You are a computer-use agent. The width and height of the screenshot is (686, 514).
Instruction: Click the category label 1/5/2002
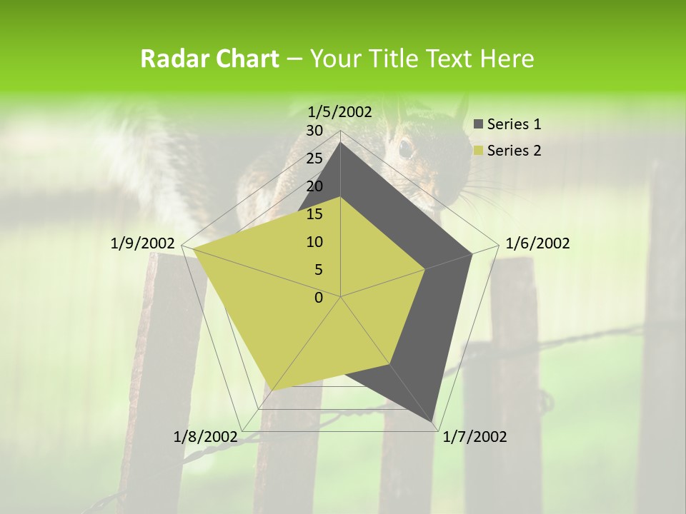click(x=340, y=112)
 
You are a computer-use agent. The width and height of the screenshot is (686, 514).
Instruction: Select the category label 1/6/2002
click(x=537, y=243)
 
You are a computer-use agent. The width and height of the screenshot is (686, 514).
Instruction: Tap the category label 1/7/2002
click(x=474, y=437)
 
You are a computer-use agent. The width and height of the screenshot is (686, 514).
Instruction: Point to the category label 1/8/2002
click(x=205, y=437)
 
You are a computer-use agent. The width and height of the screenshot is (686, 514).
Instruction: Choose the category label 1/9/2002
click(x=143, y=243)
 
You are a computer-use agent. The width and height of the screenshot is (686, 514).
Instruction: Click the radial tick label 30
click(x=314, y=131)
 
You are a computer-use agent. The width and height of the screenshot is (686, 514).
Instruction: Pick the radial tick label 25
click(x=314, y=158)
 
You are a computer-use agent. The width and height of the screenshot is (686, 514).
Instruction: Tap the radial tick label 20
click(x=314, y=186)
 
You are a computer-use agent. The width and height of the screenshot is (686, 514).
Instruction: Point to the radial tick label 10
click(x=314, y=242)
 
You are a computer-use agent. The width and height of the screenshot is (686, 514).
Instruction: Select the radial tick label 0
click(x=319, y=298)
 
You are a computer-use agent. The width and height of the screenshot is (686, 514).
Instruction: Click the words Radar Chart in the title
click(x=209, y=59)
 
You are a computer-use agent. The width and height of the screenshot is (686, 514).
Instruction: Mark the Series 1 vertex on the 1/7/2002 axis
click(x=433, y=422)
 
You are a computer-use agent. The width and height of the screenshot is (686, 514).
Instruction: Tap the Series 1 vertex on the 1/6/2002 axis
click(x=472, y=253)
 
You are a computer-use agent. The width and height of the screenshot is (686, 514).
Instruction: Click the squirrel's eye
click(x=405, y=148)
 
